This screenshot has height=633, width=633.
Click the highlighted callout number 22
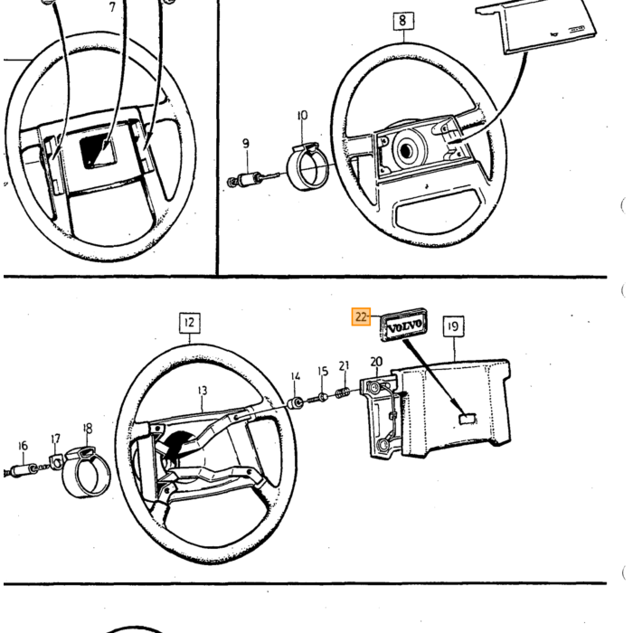[361, 316]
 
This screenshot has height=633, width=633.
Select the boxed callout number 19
[453, 326]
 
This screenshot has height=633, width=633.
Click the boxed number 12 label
[189, 323]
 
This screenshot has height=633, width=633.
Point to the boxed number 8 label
[403, 21]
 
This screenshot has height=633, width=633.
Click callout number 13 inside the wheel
[203, 391]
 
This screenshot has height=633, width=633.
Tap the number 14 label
[296, 376]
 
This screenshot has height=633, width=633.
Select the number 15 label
[323, 371]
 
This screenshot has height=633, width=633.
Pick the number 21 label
[344, 365]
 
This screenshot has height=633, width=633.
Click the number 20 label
[376, 362]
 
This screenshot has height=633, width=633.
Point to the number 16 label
[23, 446]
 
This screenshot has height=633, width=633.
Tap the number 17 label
[56, 439]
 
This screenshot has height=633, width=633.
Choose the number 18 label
[87, 429]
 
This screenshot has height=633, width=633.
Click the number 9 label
[246, 143]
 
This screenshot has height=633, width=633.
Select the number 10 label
[302, 116]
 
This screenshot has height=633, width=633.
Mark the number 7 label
[112, 7]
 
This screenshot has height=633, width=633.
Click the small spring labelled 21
[343, 392]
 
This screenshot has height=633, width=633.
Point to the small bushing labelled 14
[296, 402]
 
